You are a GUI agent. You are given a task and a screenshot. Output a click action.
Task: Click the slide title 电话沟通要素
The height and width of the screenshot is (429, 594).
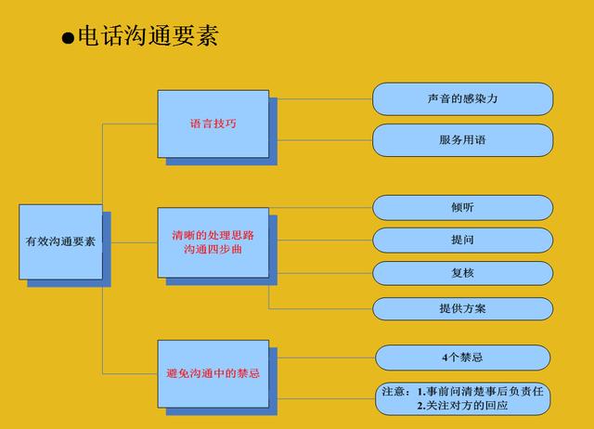148,36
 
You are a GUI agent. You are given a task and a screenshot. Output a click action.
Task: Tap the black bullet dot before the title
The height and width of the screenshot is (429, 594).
68,38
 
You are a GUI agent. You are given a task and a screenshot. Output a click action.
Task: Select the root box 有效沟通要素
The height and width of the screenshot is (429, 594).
60,241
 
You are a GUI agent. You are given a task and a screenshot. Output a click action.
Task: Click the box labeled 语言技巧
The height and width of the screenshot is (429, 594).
213,123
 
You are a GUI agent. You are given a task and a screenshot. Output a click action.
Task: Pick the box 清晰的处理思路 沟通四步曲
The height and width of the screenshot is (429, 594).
213,242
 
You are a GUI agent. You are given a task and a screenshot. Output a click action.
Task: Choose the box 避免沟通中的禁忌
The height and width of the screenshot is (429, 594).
213,373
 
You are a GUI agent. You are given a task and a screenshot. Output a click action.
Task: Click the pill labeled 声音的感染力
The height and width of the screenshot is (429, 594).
462,99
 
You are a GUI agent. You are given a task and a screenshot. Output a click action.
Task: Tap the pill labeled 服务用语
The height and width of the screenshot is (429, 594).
462,140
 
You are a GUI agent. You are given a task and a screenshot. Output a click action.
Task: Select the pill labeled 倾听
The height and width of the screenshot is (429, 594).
462,207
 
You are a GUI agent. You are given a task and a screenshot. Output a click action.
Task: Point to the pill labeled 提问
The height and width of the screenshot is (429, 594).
462,240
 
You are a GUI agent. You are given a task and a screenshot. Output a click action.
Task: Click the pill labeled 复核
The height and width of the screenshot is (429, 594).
462,273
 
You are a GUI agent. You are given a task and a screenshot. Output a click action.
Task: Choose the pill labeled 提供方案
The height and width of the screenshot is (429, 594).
462,308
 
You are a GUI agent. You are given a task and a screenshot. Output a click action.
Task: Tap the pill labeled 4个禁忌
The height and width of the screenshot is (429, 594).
462,357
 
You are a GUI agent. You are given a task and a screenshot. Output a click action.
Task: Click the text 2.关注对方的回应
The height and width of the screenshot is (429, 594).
462,406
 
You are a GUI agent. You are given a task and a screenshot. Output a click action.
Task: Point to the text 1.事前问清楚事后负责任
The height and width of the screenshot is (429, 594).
481,391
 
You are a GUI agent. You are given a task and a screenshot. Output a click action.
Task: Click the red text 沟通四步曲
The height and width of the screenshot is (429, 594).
213,250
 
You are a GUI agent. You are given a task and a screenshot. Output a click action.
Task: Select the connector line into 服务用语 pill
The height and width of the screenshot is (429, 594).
325,140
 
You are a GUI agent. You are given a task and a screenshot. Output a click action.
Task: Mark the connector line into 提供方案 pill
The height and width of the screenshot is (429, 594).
320,309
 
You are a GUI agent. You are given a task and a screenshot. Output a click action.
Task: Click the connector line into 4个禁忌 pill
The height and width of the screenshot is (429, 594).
326,357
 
